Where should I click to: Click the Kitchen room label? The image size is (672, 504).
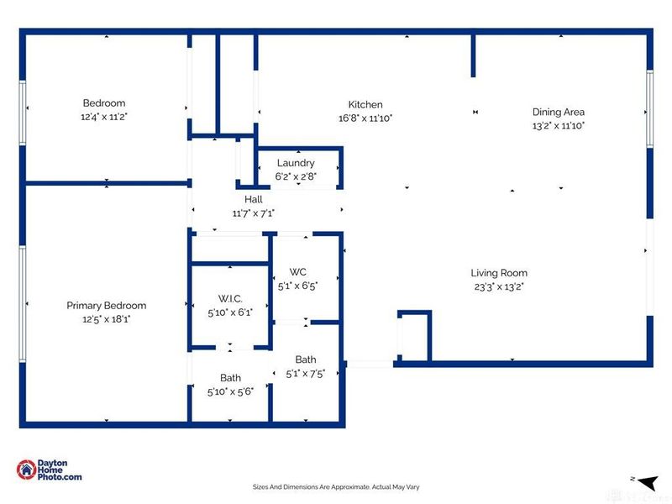pos(366,105)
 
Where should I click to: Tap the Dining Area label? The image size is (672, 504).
pos(558,112)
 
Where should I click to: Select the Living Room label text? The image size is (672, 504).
pos(499,273)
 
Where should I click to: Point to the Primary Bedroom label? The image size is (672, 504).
pos(106,306)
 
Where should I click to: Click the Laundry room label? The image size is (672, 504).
pos(295,163)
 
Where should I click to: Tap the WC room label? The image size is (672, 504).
pos(297,272)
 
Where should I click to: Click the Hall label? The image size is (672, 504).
pos(253,200)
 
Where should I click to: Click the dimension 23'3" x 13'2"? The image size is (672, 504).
pos(499,286)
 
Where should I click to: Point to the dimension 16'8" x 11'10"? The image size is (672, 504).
pos(366,118)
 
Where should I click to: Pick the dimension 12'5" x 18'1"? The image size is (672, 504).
pos(106,319)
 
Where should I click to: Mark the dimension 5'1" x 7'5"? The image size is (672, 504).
pos(305,374)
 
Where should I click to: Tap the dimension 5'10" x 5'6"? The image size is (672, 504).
pos(230,391)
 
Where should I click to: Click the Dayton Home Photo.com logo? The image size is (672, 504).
pos(50,470)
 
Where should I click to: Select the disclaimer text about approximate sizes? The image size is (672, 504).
pos(335,486)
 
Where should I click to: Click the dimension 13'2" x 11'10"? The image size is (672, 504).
pos(558,125)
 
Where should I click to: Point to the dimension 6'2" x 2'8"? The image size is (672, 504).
pos(295,176)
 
